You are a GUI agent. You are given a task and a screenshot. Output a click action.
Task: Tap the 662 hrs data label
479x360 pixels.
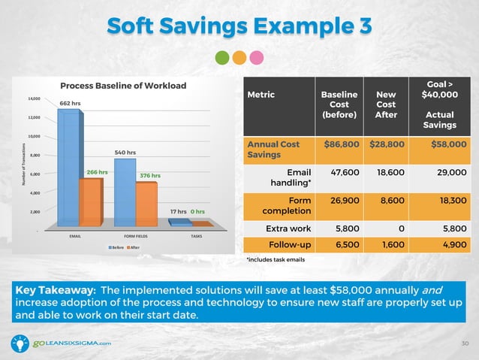[70, 102]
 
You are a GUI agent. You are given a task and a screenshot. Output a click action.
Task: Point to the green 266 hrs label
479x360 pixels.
[98, 172]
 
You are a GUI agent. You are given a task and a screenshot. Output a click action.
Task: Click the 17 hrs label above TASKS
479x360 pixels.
[178, 212]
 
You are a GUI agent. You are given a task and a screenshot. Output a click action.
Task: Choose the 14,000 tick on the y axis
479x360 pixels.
[35, 98]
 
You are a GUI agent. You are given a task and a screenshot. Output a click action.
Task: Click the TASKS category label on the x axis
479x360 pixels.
[196, 235]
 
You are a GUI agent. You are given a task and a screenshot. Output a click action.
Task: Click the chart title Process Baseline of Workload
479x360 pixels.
[123, 85]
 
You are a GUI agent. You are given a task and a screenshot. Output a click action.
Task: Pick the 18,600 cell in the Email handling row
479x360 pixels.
[386, 172]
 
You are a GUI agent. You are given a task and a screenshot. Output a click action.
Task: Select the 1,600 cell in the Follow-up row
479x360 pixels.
[386, 244]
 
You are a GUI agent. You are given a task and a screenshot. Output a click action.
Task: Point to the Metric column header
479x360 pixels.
[260, 95]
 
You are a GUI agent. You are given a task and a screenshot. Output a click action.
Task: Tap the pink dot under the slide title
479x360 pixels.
[257, 57]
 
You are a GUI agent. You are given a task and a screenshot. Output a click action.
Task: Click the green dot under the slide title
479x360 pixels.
[222, 57]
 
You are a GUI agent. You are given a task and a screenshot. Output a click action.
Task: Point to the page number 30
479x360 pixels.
[465, 343]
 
